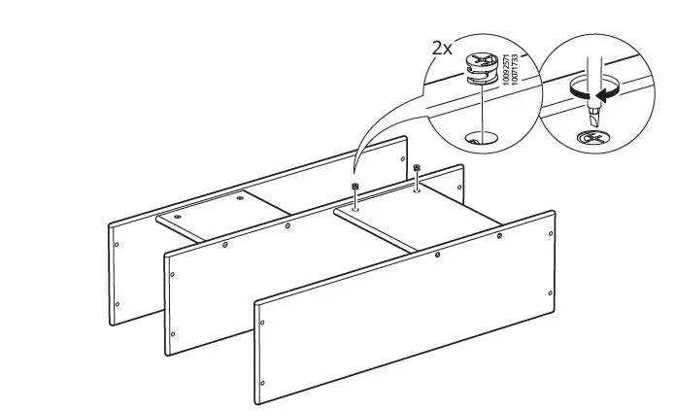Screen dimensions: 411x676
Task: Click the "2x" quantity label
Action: tap(443, 46)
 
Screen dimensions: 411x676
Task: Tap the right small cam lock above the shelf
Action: tap(416, 169)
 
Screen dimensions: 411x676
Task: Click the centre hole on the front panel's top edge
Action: tap(438, 255)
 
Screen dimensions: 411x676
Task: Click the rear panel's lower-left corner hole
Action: tap(117, 304)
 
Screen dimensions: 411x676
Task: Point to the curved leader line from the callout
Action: tap(369, 146)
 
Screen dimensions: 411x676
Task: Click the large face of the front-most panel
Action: tap(408, 311)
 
